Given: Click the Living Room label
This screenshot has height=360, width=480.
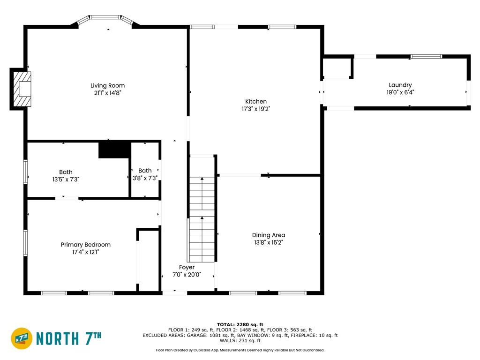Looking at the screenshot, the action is [107, 86].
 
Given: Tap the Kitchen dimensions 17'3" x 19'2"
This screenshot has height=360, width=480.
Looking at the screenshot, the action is [256, 109].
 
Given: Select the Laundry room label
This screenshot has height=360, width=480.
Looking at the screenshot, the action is [400, 85].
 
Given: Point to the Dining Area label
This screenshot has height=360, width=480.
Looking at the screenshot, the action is [269, 235].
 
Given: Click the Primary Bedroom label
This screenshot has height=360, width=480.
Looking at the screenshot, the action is [85, 245].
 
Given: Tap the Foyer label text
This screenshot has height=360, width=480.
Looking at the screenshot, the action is [187, 267].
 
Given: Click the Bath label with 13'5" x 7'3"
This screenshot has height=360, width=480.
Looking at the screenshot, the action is [66, 172].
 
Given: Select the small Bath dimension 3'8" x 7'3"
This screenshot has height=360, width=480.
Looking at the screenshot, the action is [145, 178].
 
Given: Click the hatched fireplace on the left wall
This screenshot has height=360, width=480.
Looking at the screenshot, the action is [22, 89].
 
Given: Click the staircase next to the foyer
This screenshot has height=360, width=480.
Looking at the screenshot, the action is [202, 209].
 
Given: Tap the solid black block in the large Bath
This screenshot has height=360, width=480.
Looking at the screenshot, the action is [114, 150].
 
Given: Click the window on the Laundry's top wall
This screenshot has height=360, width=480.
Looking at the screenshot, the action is [426, 56].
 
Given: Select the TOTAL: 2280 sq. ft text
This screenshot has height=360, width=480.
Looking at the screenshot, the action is [240, 324].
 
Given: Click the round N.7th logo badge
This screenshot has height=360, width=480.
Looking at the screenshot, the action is [22, 338].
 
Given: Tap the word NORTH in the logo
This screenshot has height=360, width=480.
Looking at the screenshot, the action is [58, 338].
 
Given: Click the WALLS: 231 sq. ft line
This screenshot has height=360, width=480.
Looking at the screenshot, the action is [240, 340].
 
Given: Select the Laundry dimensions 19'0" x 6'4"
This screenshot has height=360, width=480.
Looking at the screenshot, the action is [400, 92].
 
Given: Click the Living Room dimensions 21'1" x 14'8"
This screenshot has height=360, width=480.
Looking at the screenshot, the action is [107, 93].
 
